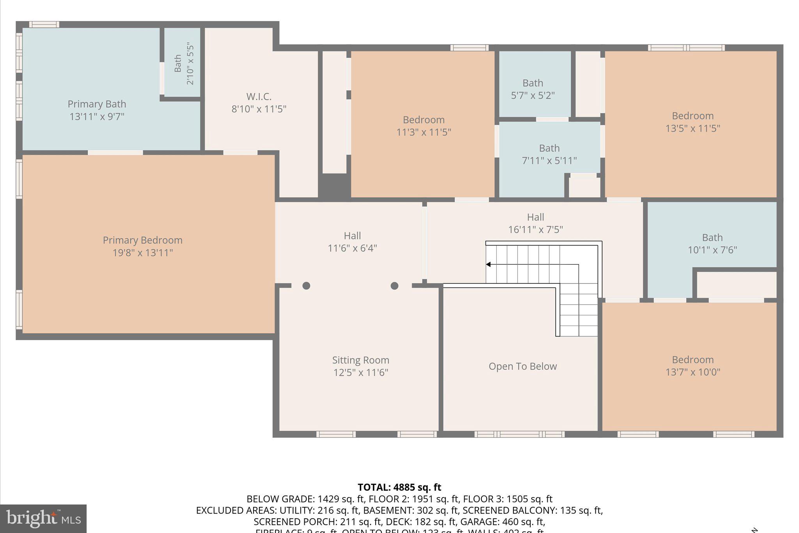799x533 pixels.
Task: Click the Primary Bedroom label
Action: [x=142, y=240]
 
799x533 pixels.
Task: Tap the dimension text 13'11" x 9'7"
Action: [x=97, y=116]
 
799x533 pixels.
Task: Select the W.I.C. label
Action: [x=259, y=96]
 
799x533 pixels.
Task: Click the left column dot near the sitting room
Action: [x=306, y=286]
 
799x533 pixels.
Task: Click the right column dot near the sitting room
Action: [x=394, y=286]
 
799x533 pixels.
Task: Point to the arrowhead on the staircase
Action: [x=488, y=264]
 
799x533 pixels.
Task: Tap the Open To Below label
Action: [x=522, y=366]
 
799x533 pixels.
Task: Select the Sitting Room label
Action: [x=360, y=360]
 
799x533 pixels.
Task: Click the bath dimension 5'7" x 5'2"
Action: [x=533, y=95]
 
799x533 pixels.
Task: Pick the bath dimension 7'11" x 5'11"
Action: [x=549, y=160]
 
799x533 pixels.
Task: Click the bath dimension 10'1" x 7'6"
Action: [x=712, y=250]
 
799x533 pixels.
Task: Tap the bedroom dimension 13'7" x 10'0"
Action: [x=692, y=372]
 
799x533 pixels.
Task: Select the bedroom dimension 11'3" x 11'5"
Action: [x=424, y=132]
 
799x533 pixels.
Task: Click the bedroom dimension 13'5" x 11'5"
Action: [x=692, y=128]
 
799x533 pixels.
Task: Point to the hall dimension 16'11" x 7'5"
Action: [x=535, y=230]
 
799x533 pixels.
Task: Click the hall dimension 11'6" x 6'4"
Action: [x=352, y=248]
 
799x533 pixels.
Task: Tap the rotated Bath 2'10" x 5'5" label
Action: [x=184, y=63]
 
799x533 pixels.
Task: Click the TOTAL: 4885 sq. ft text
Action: [x=399, y=487]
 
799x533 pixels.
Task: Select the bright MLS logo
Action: [x=43, y=519]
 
